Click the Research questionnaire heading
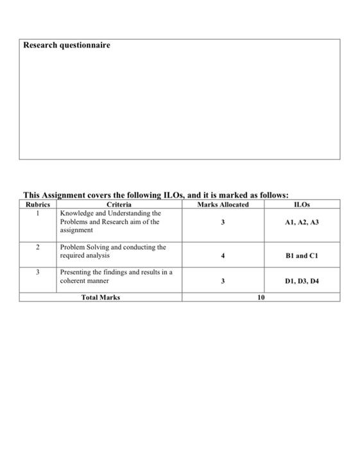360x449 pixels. pyautogui.click(x=67, y=46)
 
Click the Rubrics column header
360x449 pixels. pyautogui.click(x=37, y=205)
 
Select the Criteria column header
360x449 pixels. pyautogui.click(x=119, y=205)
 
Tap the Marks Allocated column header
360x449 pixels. pyautogui.click(x=223, y=205)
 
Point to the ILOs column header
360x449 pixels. pyautogui.click(x=301, y=205)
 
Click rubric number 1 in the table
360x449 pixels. pyautogui.click(x=37, y=213)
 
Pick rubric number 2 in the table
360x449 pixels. pyautogui.click(x=37, y=247)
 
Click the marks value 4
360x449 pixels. pyautogui.click(x=223, y=255)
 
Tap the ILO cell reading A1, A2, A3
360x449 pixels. pyautogui.click(x=302, y=221)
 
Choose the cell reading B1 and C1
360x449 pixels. pyautogui.click(x=302, y=255)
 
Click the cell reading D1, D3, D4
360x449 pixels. pyautogui.click(x=302, y=281)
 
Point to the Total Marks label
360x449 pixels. pyautogui.click(x=101, y=298)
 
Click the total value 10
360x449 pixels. pyautogui.click(x=261, y=298)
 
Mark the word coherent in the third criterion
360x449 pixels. pyautogui.click(x=74, y=281)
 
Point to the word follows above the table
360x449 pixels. pyautogui.click(x=271, y=195)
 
